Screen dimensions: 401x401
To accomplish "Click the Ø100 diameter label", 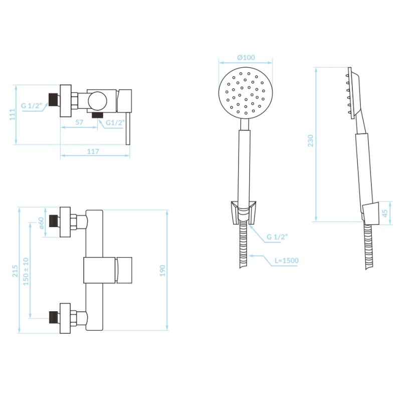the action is point(246,57).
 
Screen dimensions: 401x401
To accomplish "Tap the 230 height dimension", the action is point(310,141).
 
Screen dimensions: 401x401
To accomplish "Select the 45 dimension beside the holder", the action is point(385,213).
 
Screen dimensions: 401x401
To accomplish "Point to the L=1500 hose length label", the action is point(286,261).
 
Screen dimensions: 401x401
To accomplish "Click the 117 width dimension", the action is point(93,151).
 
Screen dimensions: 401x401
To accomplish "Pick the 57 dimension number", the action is point(79,122).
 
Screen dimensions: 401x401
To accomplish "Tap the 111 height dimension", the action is point(12,114).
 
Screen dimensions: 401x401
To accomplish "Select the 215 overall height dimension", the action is point(15,271).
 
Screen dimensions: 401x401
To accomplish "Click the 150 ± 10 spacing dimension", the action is point(26,272).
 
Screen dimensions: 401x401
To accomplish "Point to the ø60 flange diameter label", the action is point(41,223).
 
